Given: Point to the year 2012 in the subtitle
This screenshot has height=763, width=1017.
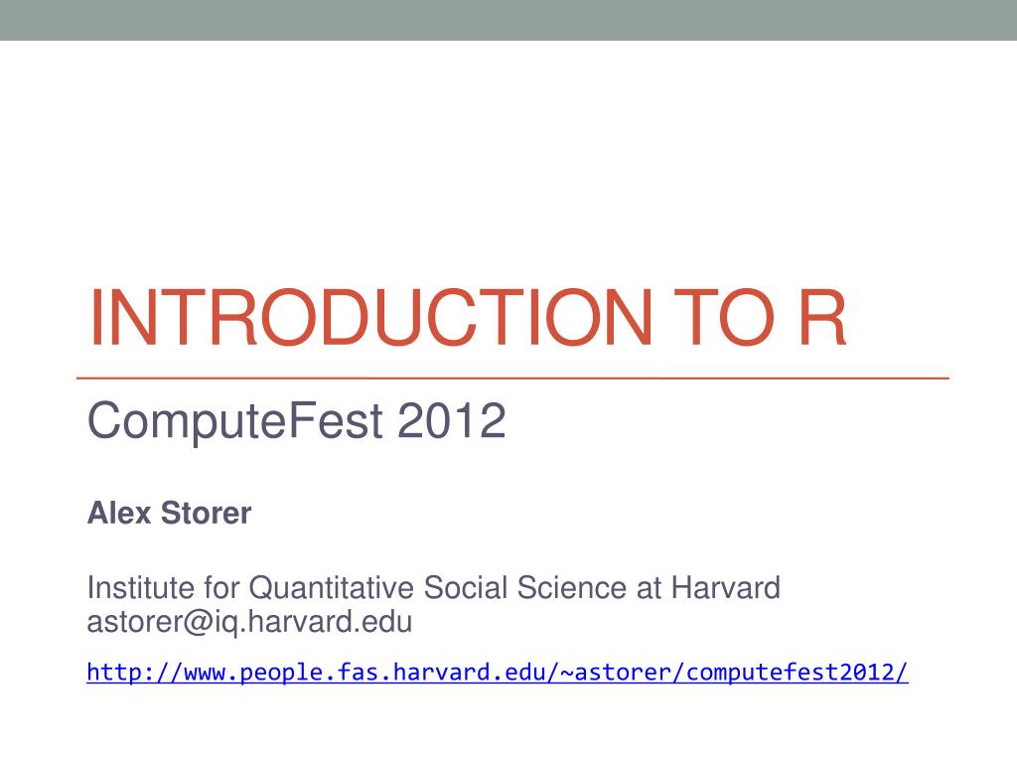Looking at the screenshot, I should coord(452,424).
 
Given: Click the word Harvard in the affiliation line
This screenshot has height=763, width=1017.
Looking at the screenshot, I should coord(727,588).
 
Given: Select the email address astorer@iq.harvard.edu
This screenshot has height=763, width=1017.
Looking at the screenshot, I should coord(249,623).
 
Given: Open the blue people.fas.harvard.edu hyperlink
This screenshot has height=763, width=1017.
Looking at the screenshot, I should coord(497,673).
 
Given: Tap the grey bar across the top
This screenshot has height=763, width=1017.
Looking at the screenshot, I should coord(508,20).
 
